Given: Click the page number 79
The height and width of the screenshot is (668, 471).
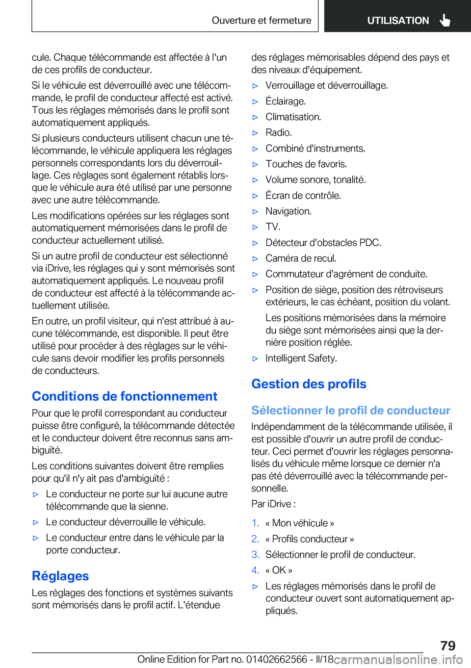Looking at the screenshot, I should tap(447, 645).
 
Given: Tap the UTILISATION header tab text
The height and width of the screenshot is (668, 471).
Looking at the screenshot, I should tap(398, 21).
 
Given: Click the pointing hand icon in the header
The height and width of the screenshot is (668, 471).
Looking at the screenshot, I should tap(445, 20).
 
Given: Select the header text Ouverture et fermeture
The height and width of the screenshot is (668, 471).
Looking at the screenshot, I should tap(262, 21).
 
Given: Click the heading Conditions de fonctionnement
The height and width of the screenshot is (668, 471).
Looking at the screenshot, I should tap(125, 396).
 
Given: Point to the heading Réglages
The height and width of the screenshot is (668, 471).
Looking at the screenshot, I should tap(60, 576).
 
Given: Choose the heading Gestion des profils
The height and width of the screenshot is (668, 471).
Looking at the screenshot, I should tap(309, 384).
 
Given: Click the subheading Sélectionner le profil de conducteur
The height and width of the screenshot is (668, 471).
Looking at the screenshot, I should tap(351, 411).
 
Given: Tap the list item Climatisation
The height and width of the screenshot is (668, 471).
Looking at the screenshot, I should tap(293, 117).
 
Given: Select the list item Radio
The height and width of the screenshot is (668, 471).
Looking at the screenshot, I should tap(279, 132).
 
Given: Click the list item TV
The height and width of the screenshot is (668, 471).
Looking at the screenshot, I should tap(273, 227).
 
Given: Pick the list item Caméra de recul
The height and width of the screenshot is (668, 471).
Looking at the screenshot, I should tap(301, 258).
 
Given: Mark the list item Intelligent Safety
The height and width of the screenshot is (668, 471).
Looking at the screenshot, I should tap(301, 358).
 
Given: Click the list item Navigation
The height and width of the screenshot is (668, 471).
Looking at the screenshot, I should tap(288, 211).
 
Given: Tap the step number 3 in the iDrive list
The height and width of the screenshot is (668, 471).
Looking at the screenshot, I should tap(255, 555).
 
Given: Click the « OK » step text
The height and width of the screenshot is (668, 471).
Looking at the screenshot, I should tap(279, 570).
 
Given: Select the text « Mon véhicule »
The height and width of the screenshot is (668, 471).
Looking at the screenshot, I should tap(300, 523).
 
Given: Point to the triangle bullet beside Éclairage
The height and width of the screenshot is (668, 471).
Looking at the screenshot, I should tap(255, 102).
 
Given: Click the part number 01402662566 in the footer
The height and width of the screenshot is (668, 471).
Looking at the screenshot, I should tap(277, 659).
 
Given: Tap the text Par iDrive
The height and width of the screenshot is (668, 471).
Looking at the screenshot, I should tap(273, 504).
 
